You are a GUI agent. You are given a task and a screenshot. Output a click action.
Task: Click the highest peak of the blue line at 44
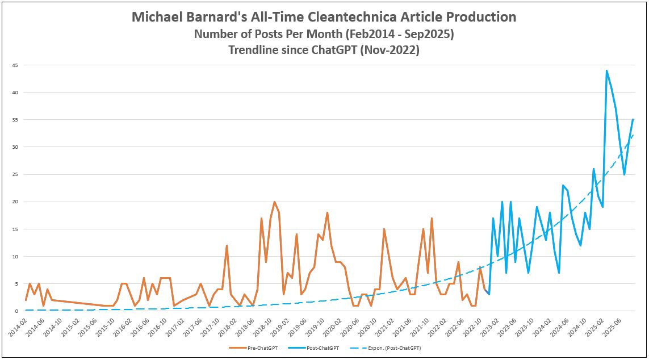click(606, 70)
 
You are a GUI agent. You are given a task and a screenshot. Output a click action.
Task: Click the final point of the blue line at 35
click(633, 120)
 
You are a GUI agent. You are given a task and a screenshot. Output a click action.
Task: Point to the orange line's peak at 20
click(274, 202)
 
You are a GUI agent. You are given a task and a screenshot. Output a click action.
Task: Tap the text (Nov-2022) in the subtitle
click(394, 50)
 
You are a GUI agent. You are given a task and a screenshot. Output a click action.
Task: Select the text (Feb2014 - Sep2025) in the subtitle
click(401, 34)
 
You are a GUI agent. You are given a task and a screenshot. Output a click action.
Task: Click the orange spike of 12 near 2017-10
click(227, 245)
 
